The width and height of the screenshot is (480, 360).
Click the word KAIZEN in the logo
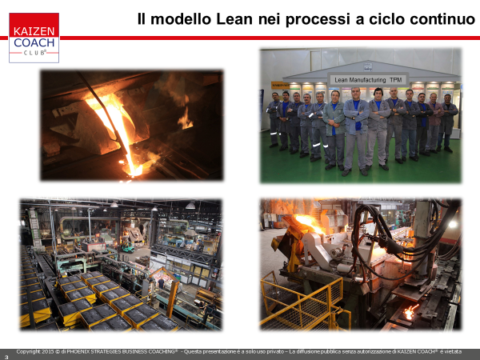34,31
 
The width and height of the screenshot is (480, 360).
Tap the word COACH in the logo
34,42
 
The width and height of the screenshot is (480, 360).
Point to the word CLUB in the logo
34,53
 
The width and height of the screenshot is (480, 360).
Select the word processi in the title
318,19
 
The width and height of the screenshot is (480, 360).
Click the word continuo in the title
442,19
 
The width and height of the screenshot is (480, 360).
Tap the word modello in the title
181,19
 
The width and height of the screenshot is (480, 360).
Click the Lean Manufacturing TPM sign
368,80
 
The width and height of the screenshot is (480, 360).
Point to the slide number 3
6,357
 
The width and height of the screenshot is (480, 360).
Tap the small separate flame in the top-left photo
185,119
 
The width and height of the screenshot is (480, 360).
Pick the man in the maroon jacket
434,122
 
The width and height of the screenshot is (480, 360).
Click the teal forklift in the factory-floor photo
127,246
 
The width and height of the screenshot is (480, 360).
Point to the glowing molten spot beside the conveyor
410,312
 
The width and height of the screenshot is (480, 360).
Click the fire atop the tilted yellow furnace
309,223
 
